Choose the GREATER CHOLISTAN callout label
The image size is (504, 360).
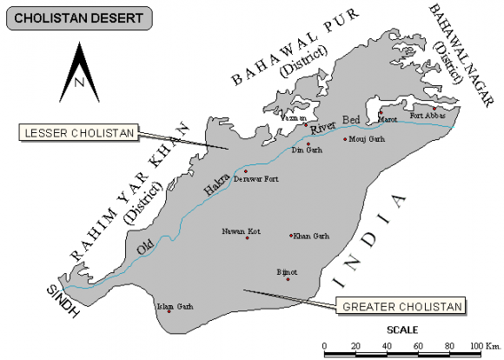(399, 305)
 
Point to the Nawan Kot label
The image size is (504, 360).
(241, 230)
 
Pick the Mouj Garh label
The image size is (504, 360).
(366, 138)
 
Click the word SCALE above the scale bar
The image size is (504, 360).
(402, 330)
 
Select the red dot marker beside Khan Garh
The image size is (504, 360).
(291, 235)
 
